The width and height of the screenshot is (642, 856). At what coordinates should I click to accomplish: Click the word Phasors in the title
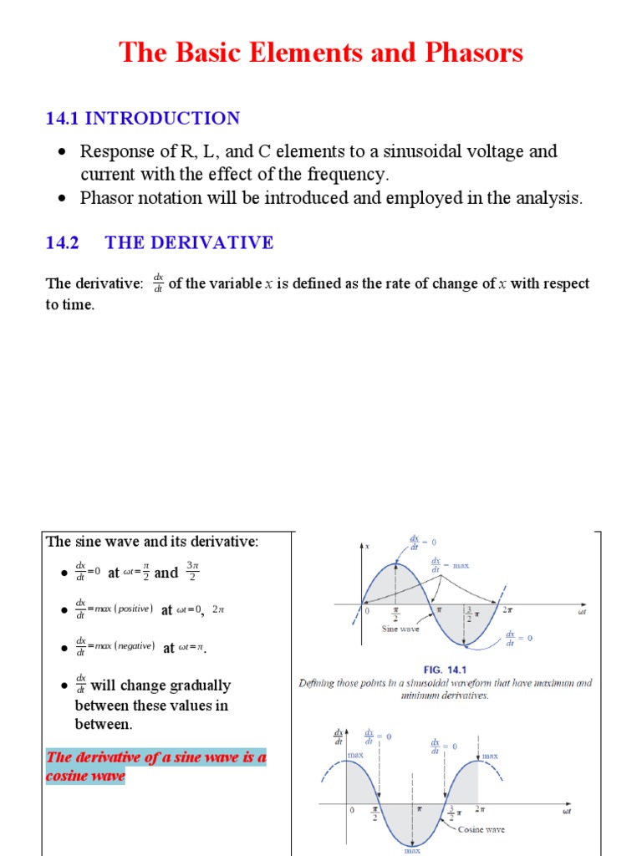pos(473,53)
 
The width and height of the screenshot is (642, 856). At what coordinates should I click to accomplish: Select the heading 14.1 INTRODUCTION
pos(142,118)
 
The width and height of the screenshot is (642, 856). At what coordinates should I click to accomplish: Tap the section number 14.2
pos(62,242)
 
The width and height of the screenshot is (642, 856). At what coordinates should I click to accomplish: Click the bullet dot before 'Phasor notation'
pos(62,199)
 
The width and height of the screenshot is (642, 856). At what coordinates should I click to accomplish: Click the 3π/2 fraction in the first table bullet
pos(193,572)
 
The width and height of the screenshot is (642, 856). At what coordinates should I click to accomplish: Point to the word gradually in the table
pos(192,685)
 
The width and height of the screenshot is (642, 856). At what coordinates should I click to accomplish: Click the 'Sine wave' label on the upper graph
pos(400,629)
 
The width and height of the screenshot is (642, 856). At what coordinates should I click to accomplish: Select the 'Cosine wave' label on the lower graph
pos(481,829)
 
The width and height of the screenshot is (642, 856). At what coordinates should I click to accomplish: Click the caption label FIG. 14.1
pos(446,669)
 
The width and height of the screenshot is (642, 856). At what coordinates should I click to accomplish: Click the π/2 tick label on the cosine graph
pos(376,813)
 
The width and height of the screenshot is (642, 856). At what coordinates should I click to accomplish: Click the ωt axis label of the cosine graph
pos(566,811)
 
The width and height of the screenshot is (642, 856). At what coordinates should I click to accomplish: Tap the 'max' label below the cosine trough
pos(413,850)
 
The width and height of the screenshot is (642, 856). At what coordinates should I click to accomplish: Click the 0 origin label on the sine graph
pos(367,612)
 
